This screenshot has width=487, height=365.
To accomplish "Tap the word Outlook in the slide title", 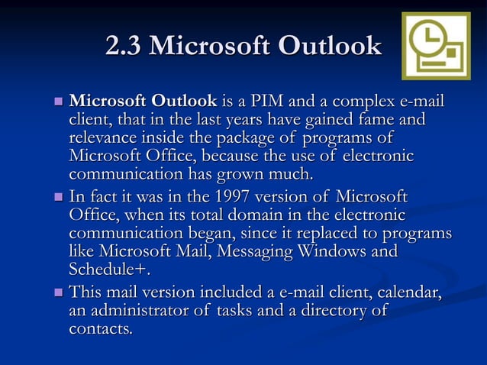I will click(331, 47).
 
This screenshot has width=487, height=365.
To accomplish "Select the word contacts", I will click(101, 329).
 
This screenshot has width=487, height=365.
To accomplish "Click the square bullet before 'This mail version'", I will click(58, 293).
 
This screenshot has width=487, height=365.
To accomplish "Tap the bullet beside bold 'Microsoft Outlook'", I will click(58, 102).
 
